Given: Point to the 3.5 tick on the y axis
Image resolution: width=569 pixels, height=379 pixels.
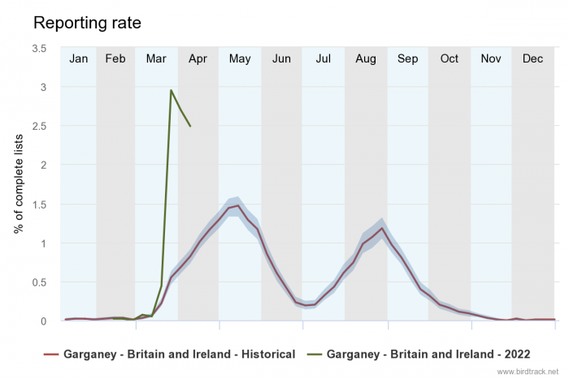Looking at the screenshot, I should click(39, 48).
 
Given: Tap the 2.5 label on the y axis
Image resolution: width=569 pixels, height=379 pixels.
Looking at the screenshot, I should click(39, 126).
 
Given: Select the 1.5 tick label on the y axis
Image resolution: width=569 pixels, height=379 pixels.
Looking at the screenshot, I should click(39, 205).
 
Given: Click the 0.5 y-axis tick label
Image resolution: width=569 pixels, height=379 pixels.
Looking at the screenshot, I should click(39, 282).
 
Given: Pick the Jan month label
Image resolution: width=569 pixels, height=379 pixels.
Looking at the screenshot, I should click(79, 58).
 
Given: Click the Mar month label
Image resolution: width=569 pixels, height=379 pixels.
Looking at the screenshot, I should click(156, 58).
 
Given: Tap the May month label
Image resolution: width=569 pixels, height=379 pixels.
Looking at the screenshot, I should click(240, 58).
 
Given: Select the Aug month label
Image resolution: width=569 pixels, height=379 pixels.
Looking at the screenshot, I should click(366, 58).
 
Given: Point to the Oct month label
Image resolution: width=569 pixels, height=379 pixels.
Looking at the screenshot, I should click(450, 58).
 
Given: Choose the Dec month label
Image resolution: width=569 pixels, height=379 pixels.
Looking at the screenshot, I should click(533, 58).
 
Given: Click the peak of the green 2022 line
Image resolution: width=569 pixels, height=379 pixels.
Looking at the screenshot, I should click(171, 90).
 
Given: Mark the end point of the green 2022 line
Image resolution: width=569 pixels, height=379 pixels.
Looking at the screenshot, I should click(190, 126).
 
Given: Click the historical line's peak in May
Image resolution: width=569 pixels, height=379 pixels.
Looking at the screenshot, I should click(238, 205).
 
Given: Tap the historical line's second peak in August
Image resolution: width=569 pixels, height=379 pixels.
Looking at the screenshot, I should click(381, 228).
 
